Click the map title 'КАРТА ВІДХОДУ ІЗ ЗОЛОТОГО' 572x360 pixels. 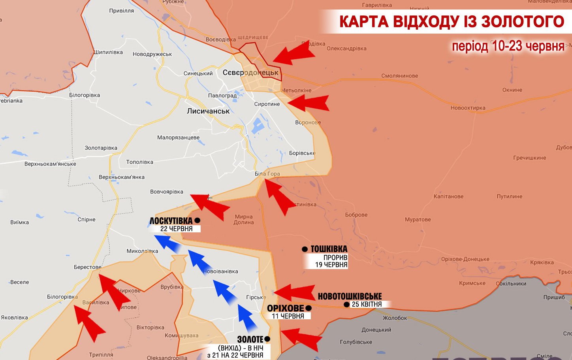pyautogui.click(x=452, y=21)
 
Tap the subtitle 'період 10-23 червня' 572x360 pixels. pyautogui.click(x=508, y=46)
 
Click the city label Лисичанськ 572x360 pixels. pyautogui.click(x=208, y=111)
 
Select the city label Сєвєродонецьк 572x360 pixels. pyautogui.click(x=250, y=73)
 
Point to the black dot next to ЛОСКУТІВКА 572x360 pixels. pyautogui.click(x=198, y=221)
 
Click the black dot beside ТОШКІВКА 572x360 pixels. pyautogui.click(x=305, y=249)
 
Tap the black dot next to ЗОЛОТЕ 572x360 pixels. pyautogui.click(x=267, y=339)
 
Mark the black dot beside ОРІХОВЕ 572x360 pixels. pyautogui.click(x=309, y=308)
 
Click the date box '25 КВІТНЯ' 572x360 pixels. pyautogui.click(x=367, y=304)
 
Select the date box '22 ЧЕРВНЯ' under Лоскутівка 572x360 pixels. pyautogui.click(x=177, y=229)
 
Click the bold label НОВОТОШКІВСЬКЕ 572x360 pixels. pyautogui.click(x=350, y=296)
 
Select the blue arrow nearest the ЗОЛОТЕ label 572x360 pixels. pyautogui.click(x=247, y=318)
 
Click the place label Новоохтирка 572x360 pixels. pyautogui.click(x=468, y=108)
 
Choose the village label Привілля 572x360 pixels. pyautogui.click(x=121, y=11)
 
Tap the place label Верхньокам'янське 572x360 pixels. pyautogui.click(x=50, y=164)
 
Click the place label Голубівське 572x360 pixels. pyautogui.click(x=356, y=342)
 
